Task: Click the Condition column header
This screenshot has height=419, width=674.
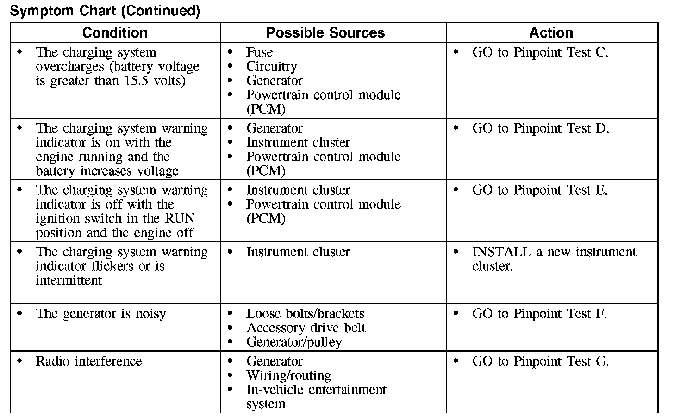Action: click(115, 33)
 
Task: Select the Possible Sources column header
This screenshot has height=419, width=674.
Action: click(325, 33)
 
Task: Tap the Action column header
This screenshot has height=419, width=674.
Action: click(551, 33)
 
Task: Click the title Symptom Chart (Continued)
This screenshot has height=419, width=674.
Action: click(105, 11)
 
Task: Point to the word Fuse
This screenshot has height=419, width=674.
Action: click(259, 52)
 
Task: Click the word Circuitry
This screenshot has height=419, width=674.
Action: click(271, 67)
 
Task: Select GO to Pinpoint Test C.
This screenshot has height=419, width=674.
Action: click(540, 52)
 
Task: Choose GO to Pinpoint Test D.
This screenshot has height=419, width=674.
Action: click(540, 128)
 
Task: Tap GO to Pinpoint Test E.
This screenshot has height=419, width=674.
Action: click(539, 190)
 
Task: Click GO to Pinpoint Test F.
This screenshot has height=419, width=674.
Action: click(539, 314)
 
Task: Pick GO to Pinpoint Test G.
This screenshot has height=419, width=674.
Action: click(540, 361)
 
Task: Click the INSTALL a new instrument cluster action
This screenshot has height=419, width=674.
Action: click(554, 259)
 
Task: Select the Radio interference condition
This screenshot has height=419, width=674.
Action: click(89, 361)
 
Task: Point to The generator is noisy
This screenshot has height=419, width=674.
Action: click(100, 314)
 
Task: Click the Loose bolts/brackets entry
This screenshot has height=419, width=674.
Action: click(305, 314)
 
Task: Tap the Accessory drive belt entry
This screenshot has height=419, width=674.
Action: click(306, 328)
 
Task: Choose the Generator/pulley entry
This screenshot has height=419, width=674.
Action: click(294, 342)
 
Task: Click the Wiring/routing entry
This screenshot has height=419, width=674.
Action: click(288, 375)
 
